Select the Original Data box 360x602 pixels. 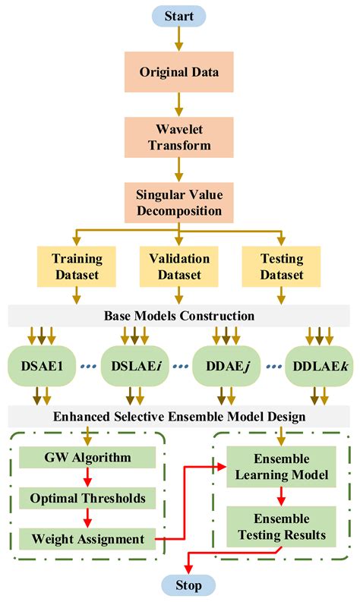pyautogui.click(x=179, y=74)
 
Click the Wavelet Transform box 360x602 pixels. pyautogui.click(x=179, y=137)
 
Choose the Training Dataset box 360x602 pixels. pyautogui.click(x=77, y=266)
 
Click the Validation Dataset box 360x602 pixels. pyautogui.click(x=179, y=266)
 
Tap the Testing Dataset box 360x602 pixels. pyautogui.click(x=283, y=266)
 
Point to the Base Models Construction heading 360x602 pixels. pyautogui.click(x=179, y=315)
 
